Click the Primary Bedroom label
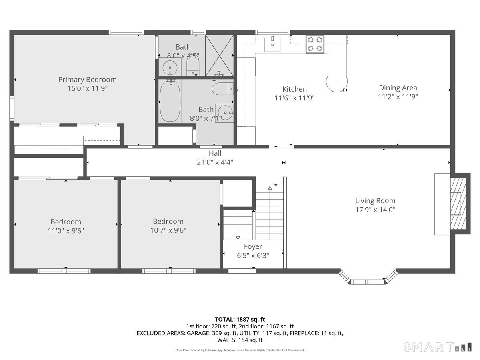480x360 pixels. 87,80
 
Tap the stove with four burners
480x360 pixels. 315,44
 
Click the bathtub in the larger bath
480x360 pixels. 170,100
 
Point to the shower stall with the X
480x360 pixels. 219,56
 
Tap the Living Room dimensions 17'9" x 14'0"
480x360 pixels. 375,209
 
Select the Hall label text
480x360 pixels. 215,153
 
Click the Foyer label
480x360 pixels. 253,247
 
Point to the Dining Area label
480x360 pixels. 398,88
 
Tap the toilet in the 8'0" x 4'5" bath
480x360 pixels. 193,66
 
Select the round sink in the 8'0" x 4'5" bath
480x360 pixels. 170,67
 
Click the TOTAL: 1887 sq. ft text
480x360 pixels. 240,319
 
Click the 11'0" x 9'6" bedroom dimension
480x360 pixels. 66,230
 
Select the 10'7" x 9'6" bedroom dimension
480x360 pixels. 168,230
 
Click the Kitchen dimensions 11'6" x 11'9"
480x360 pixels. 294,98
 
